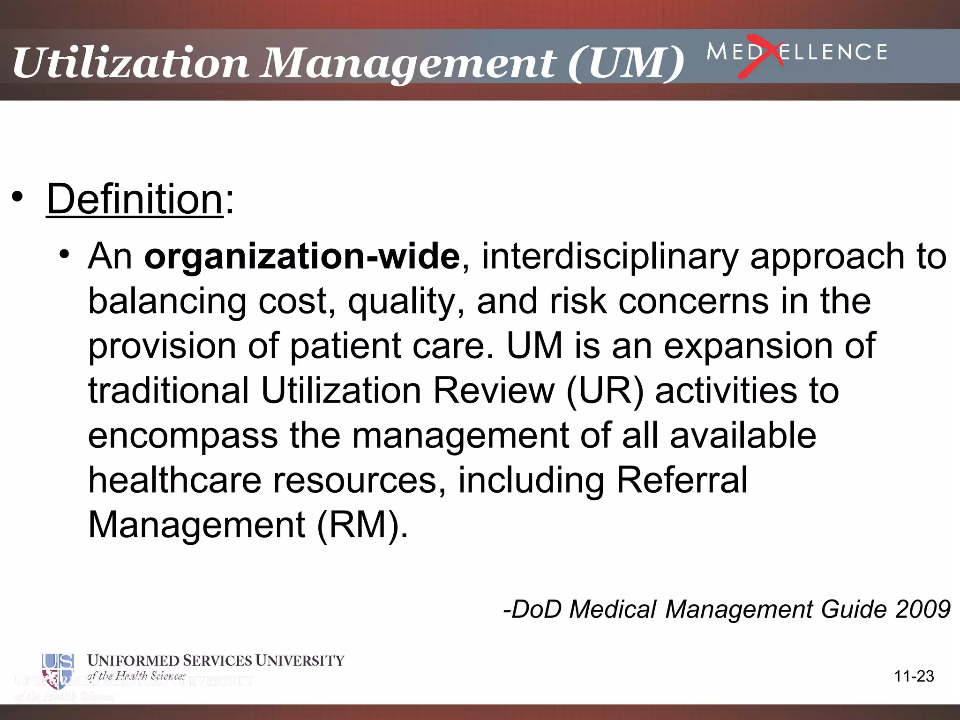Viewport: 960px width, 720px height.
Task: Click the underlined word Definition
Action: click(x=135, y=199)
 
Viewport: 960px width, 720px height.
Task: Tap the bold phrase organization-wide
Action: click(x=302, y=256)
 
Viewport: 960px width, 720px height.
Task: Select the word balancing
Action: click(x=167, y=301)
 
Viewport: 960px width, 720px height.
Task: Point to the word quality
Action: click(x=406, y=301)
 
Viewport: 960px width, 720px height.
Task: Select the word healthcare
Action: click(x=174, y=480)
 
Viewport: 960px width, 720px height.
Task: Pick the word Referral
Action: click(x=682, y=480)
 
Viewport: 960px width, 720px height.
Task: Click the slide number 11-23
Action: click(x=914, y=676)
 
